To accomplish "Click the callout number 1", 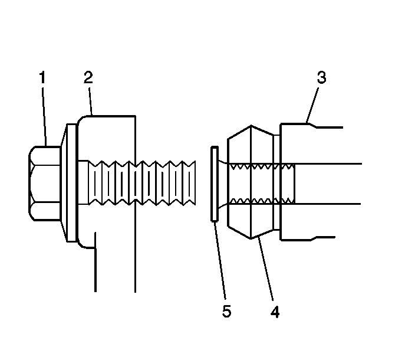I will pyautogui.click(x=42, y=77).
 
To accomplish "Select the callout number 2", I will pyautogui.click(x=88, y=77).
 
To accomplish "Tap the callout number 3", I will pyautogui.click(x=321, y=77).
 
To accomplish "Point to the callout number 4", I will pyautogui.click(x=274, y=311).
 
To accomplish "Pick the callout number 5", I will pyautogui.click(x=227, y=311).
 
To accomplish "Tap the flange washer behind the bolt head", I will pyautogui.click(x=70, y=183).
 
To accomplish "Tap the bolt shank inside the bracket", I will pyautogui.click(x=109, y=182).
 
